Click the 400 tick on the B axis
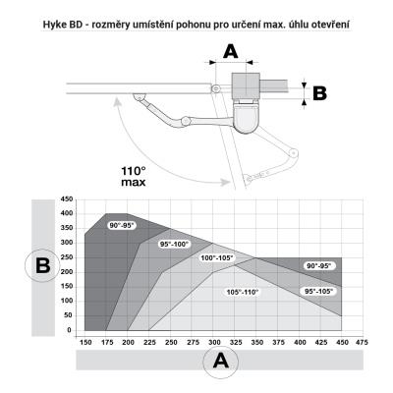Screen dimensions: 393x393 coord(67,213)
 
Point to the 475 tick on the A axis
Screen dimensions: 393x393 coord(362,342)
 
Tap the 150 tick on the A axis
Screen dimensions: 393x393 coord(85,342)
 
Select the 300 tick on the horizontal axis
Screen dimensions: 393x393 coord(214,342)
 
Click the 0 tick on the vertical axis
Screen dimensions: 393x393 coord(69,330)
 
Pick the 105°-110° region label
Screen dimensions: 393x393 coord(243,292)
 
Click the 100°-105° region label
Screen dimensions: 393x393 coord(217,258)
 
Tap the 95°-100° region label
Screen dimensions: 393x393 coord(175,245)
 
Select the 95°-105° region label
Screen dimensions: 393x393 coord(318,291)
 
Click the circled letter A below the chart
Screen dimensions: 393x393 coord(221,362)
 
